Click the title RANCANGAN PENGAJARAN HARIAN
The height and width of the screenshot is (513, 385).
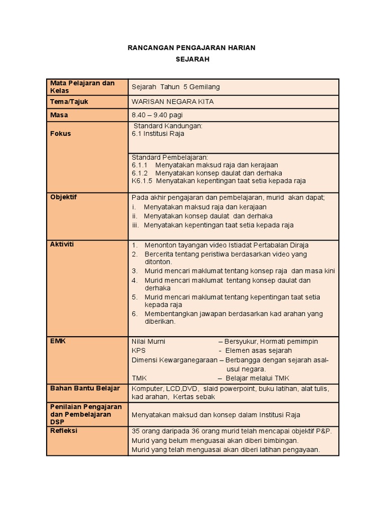(192, 48)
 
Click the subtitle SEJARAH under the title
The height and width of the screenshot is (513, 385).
(192, 59)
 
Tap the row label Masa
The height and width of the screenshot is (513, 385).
(59, 115)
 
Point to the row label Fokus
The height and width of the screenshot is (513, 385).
(60, 134)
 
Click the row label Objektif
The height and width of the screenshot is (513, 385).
(64, 197)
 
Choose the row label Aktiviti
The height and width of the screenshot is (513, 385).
(62, 244)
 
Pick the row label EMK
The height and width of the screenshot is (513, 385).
(58, 341)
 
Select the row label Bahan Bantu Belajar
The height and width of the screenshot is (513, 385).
(85, 388)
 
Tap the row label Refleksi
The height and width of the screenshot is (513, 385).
(64, 431)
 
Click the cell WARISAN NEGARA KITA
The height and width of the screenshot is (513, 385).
(168, 101)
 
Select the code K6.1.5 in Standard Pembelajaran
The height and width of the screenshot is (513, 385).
(141, 181)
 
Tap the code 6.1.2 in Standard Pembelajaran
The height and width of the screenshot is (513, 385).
(139, 173)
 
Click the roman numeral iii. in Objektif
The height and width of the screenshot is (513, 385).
(136, 225)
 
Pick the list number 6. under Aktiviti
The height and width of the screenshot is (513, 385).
(134, 314)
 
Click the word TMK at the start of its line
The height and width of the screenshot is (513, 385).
(139, 378)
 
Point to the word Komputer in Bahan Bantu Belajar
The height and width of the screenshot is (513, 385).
(147, 389)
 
